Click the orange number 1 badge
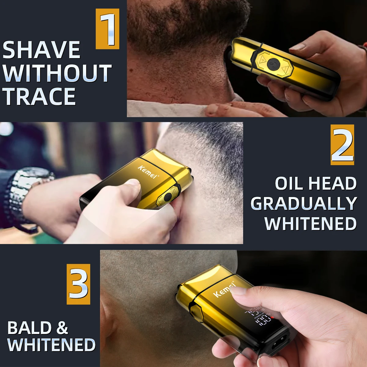[x=107, y=29]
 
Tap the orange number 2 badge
[x=342, y=145]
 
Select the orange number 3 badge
[x=79, y=284]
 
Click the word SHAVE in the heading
[x=42, y=50]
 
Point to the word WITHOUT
[x=57, y=73]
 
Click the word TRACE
[x=39, y=97]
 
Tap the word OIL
[x=289, y=183]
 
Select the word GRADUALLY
[x=304, y=204]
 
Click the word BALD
[x=29, y=328]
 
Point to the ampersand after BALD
[x=62, y=328]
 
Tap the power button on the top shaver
[x=272, y=64]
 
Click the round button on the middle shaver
[x=168, y=197]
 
